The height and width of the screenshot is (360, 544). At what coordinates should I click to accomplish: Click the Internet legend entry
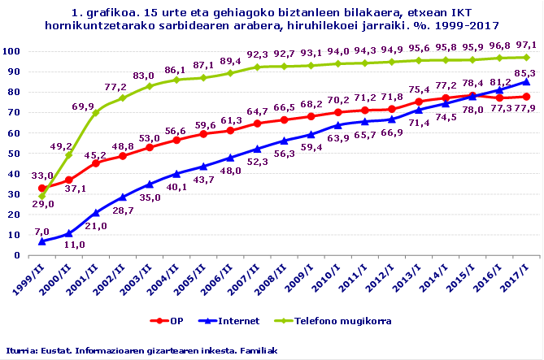coord(240,320)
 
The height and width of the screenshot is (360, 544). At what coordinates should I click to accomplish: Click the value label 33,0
coord(42,176)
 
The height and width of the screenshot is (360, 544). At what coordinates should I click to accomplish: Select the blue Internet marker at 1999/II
coord(42,241)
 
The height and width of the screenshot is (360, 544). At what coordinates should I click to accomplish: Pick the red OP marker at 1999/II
coord(42,188)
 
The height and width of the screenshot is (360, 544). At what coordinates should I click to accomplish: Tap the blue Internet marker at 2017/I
coord(526,81)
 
